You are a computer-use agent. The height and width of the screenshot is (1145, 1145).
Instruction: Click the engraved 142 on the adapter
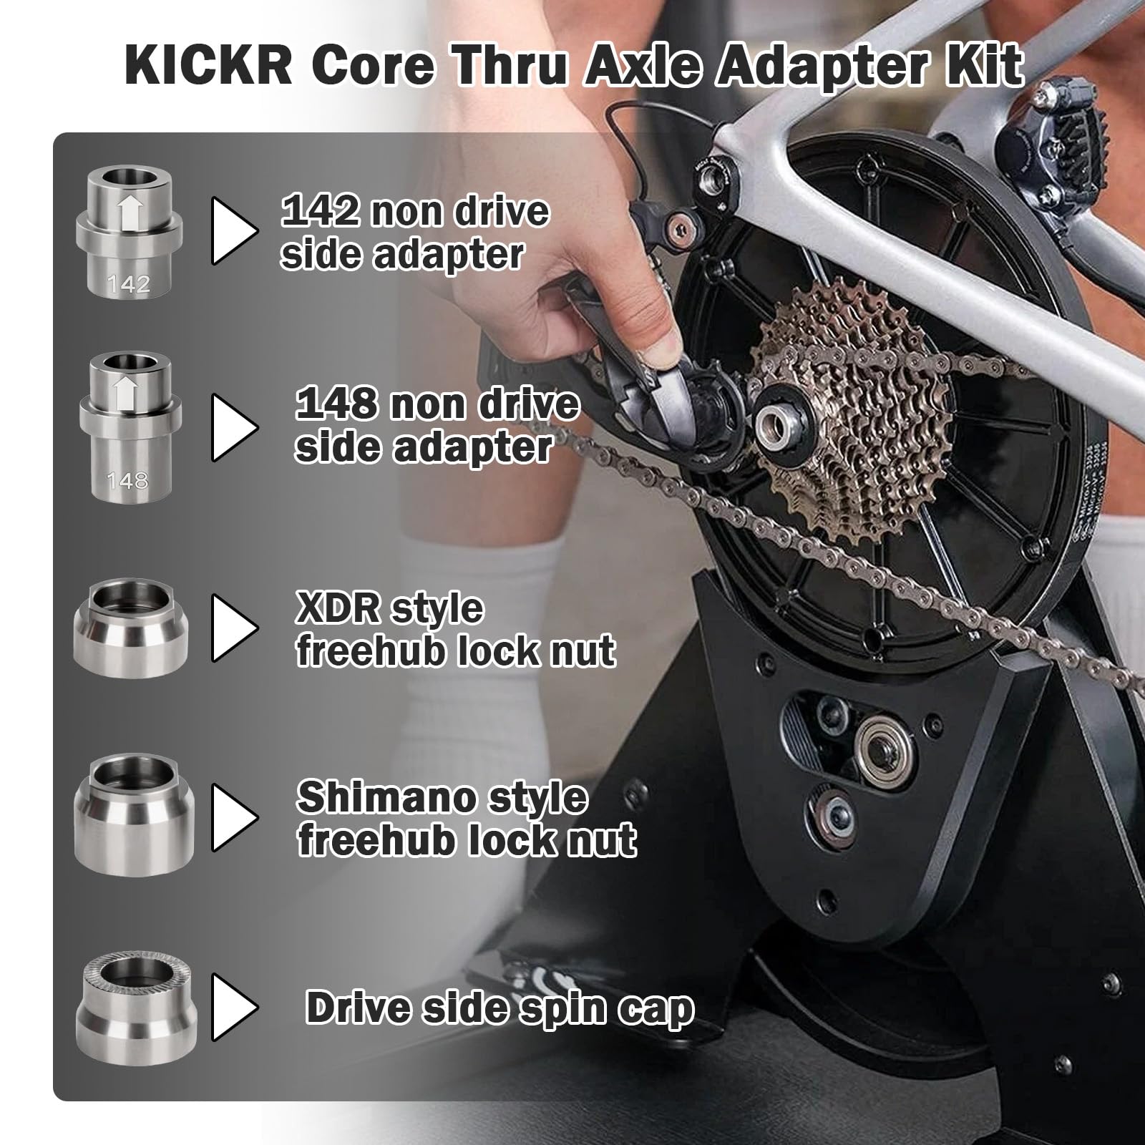pos(129,285)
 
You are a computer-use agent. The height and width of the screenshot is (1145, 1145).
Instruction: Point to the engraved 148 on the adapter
pos(127,480)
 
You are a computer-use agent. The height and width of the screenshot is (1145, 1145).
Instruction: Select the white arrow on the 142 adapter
pos(130,213)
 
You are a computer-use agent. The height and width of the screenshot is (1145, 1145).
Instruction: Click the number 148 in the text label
pos(337,405)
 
